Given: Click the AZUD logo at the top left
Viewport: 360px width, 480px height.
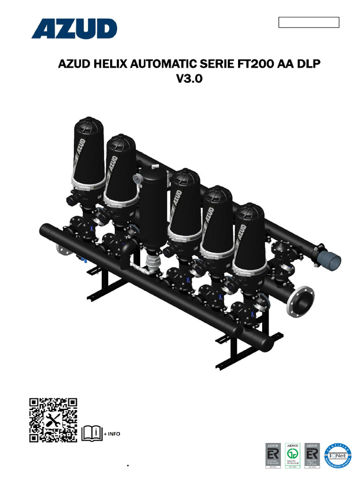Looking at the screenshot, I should coord(74,29).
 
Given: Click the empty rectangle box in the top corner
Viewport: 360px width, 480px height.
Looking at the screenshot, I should coord(308,22).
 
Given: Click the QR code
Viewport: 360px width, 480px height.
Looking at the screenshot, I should coord(53,420).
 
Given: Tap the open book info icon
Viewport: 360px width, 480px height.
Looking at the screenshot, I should coord(92,434).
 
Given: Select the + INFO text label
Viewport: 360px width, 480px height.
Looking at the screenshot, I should coord(112,434).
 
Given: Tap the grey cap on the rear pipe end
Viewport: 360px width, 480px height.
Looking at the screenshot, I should coord(331,259).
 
